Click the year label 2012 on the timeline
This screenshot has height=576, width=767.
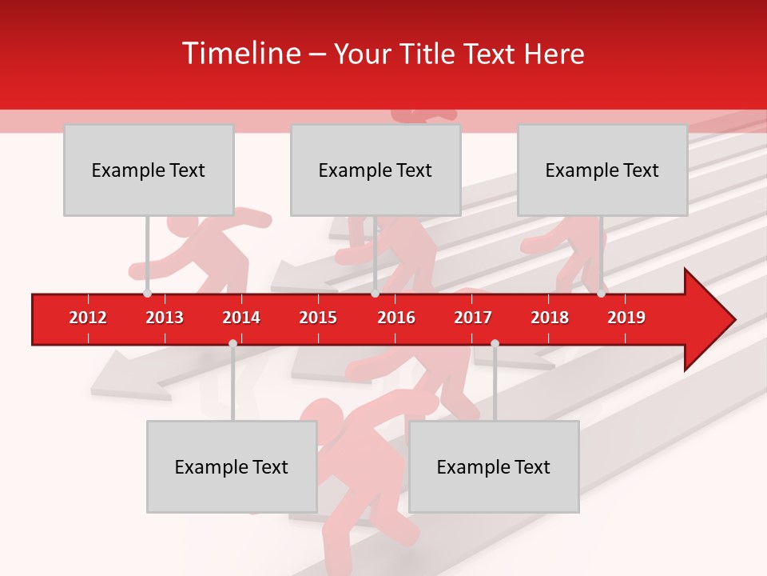(88, 318)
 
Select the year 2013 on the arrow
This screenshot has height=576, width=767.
(165, 318)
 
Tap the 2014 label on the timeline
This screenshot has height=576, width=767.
(241, 318)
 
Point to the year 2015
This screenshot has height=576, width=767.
(318, 318)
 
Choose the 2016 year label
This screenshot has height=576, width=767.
(396, 318)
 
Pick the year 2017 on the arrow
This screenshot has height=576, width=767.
(473, 318)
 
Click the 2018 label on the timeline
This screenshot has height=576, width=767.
(550, 318)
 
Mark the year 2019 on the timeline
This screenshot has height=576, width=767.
(626, 318)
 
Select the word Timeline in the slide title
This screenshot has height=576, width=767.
(240, 54)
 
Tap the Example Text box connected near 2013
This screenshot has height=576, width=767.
(149, 170)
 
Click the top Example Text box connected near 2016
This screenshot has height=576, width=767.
(376, 170)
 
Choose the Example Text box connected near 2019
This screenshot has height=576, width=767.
(602, 170)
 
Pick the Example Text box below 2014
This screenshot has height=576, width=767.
(232, 466)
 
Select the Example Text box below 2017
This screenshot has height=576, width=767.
(494, 466)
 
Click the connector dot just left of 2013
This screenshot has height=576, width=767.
(148, 294)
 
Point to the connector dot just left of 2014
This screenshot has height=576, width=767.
(232, 343)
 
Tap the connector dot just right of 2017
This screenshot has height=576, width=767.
(495, 343)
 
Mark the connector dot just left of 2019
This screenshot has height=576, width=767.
(602, 294)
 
